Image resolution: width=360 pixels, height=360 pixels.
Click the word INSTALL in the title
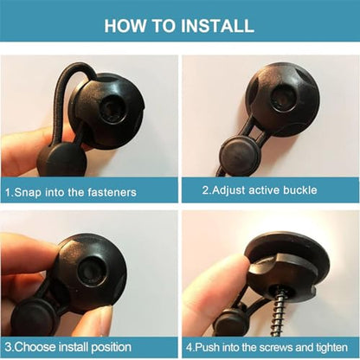click(x=218, y=25)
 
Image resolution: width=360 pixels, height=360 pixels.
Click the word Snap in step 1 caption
click(x=28, y=192)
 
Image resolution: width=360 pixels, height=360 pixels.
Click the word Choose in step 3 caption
click(x=35, y=347)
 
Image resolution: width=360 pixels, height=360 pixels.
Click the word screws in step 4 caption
click(x=275, y=347)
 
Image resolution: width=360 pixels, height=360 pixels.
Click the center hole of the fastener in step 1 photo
click(x=114, y=109)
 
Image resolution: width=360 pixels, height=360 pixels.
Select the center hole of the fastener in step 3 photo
click(x=92, y=270)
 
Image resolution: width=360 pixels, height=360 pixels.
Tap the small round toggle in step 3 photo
click(x=34, y=316)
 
